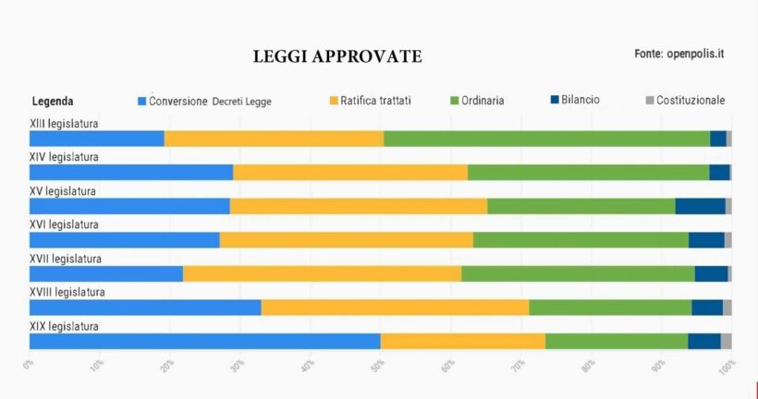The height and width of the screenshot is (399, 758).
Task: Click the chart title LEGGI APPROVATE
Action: click(x=337, y=57)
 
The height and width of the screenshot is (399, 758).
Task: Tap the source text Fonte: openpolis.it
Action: click(x=679, y=54)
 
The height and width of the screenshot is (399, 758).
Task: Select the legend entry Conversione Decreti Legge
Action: click(x=204, y=101)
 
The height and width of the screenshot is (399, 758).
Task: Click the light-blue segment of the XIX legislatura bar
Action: click(x=204, y=341)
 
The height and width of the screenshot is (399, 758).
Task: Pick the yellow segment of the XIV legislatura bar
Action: click(x=350, y=172)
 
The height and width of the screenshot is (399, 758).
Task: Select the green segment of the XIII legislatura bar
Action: click(x=546, y=139)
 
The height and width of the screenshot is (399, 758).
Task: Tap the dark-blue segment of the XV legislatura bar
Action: click(x=700, y=206)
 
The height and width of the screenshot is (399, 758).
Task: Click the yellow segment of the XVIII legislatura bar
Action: click(x=395, y=308)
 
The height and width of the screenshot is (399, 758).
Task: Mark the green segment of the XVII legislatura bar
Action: click(x=578, y=273)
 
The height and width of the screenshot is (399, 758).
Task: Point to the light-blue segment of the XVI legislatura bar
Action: click(x=124, y=240)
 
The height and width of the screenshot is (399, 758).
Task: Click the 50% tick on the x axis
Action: click(x=377, y=367)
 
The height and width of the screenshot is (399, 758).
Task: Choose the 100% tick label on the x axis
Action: click(x=727, y=367)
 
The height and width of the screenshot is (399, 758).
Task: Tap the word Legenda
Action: click(x=53, y=101)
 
